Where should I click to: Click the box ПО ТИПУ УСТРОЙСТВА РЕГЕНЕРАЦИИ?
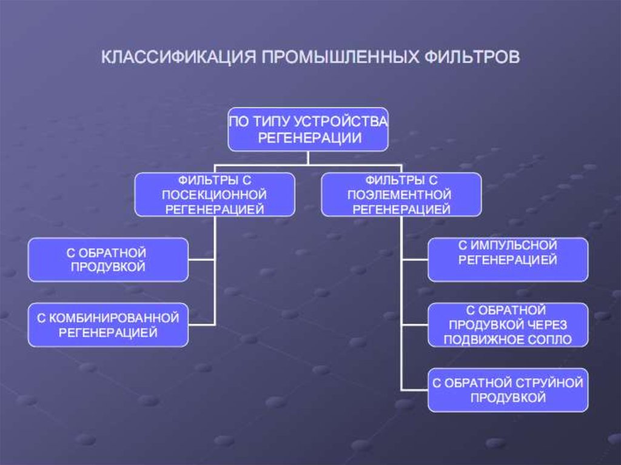point(308,129)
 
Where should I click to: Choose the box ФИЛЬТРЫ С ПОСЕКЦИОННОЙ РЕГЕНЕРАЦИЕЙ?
point(215,195)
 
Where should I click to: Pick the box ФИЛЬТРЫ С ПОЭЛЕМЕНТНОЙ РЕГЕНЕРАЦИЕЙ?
point(401,195)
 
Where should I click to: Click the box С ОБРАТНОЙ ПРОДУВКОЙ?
point(108,259)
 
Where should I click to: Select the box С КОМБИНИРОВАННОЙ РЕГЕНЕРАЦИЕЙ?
point(108,326)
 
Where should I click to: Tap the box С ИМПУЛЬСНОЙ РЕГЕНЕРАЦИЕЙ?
point(508,259)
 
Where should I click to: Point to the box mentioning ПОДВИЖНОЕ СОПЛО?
point(508,325)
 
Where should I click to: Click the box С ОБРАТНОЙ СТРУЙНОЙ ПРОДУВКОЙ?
point(508,390)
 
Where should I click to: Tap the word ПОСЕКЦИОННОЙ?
point(215,195)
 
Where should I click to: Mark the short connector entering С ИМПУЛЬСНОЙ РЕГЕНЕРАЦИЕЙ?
point(415,259)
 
